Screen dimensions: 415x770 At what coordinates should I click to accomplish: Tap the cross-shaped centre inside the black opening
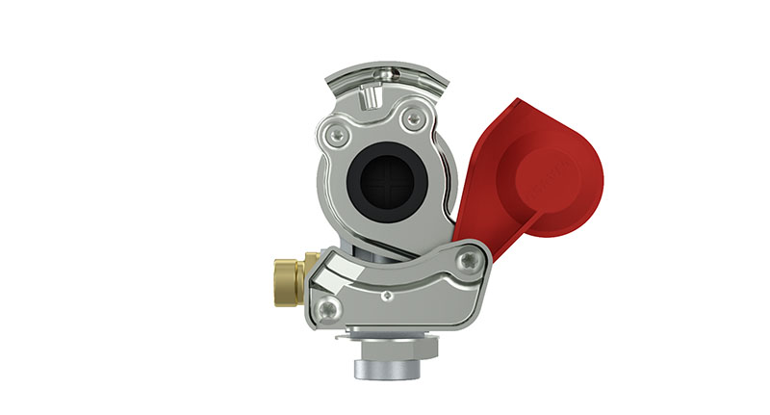point(386,182)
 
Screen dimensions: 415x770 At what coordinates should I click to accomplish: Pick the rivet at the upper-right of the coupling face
point(414,118)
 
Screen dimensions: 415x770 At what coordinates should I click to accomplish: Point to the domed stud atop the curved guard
point(386,69)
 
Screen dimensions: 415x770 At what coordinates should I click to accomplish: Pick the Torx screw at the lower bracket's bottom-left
point(329,308)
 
